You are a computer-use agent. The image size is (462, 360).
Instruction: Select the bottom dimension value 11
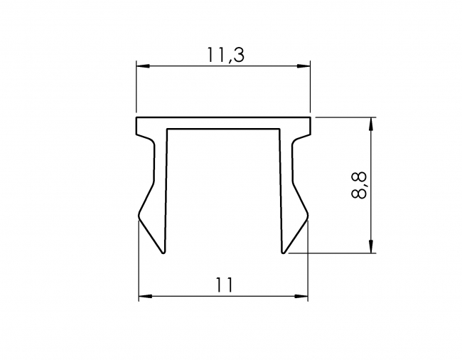[x=224, y=285]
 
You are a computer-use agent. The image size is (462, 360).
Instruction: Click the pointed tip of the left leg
[x=163, y=252]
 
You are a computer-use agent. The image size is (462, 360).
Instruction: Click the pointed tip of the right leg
[x=284, y=252]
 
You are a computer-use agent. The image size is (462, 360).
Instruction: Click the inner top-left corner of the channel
[x=168, y=129]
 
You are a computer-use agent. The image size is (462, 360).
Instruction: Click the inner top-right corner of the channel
[x=279, y=129]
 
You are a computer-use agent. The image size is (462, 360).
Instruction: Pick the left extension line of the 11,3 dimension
[x=136, y=89]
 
